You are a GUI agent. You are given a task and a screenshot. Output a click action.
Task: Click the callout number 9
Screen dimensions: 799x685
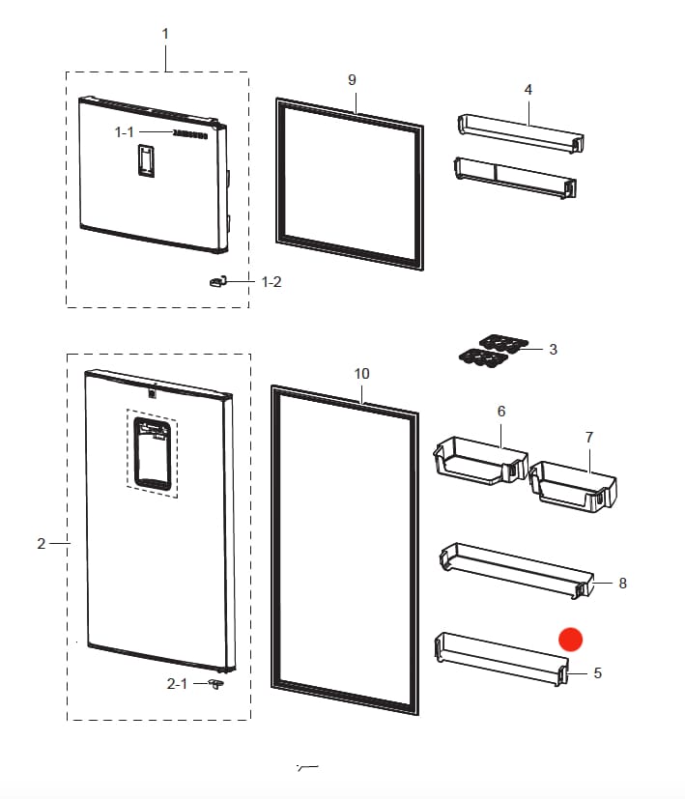click(353, 79)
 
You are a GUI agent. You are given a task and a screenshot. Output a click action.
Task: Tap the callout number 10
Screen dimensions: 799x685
click(362, 373)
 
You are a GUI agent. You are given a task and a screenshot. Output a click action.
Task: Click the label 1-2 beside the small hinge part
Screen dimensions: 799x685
click(272, 282)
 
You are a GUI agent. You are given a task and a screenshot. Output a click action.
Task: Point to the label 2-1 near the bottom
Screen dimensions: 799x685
click(177, 683)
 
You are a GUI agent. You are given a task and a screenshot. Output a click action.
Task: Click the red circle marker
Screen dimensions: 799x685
click(571, 639)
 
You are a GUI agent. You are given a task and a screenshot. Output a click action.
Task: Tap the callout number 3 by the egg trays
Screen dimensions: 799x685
click(553, 350)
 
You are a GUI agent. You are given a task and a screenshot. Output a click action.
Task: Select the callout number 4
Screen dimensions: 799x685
click(528, 90)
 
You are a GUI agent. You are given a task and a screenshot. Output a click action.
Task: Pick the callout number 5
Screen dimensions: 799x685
click(597, 672)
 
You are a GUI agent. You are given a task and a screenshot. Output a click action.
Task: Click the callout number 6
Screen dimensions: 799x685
click(501, 412)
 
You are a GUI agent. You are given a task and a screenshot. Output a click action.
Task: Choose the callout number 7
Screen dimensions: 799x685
click(589, 438)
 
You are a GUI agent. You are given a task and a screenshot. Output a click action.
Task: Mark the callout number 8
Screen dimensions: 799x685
click(622, 584)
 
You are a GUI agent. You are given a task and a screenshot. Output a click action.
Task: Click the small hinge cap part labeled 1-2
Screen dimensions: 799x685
click(216, 281)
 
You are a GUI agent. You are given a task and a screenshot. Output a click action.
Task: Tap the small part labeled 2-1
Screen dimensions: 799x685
click(214, 683)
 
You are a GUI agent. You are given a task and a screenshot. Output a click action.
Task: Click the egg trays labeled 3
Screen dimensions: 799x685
click(493, 350)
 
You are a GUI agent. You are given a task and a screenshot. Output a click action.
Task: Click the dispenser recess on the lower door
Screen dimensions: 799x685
click(152, 454)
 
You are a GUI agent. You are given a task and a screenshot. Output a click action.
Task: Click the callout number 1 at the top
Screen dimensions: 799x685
click(164, 34)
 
